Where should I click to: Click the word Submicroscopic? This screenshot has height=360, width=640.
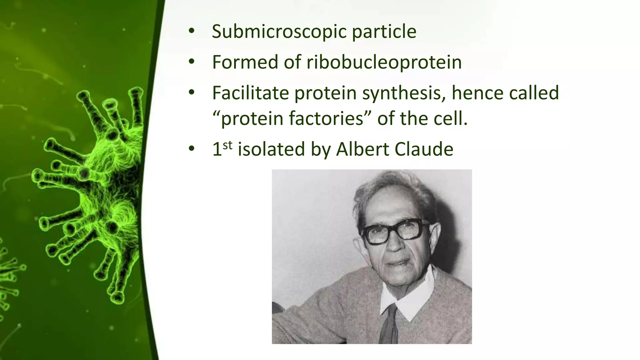[x=279, y=32]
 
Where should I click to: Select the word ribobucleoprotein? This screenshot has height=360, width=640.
[x=384, y=62]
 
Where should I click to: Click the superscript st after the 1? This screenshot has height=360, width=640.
[x=228, y=145]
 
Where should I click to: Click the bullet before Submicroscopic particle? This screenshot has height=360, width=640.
[x=191, y=32]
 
